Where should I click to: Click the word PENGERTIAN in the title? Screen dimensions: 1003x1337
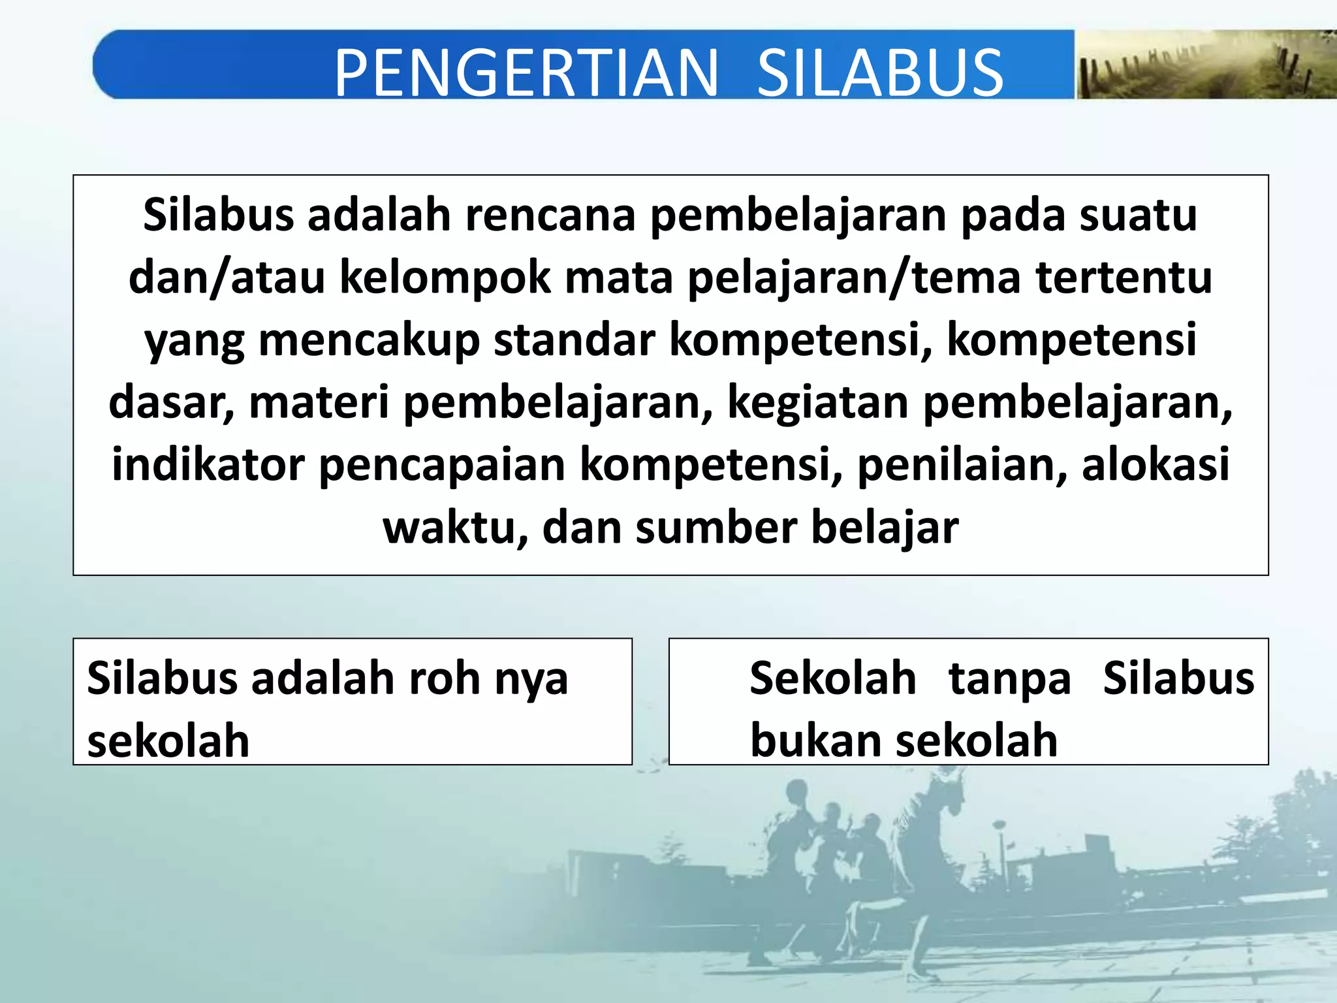point(526,72)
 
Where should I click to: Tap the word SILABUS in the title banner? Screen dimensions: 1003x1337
point(880,72)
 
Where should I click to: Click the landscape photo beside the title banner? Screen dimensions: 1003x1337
point(1205,65)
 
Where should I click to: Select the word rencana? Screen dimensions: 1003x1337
point(550,215)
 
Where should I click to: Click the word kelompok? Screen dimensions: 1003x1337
point(445,278)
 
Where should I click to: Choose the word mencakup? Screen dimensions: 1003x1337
point(369,340)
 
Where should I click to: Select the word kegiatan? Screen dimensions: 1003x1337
point(817,403)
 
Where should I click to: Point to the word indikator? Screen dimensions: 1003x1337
point(208,465)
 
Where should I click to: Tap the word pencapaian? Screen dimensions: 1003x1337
point(442,465)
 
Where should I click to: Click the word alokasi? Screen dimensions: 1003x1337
point(1156,465)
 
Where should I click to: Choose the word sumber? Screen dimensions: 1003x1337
point(716,528)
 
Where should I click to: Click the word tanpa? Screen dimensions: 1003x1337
point(1009,678)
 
